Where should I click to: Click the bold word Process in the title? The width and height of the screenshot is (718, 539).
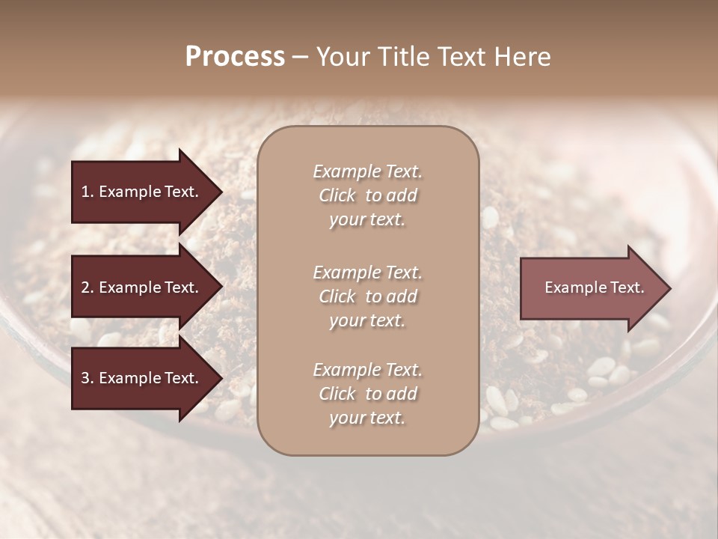235,57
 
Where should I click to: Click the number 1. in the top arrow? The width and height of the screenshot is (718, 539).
88,192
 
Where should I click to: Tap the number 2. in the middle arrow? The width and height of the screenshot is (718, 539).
88,287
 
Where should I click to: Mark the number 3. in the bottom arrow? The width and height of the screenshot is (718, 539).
88,378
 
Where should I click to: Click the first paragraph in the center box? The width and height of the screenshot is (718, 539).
367,195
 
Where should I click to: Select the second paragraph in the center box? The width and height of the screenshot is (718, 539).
367,296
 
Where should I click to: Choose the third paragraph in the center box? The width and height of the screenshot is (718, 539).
367,394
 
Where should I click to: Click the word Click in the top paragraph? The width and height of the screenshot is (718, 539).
337,195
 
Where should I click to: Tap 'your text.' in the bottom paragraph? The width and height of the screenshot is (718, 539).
367,418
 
